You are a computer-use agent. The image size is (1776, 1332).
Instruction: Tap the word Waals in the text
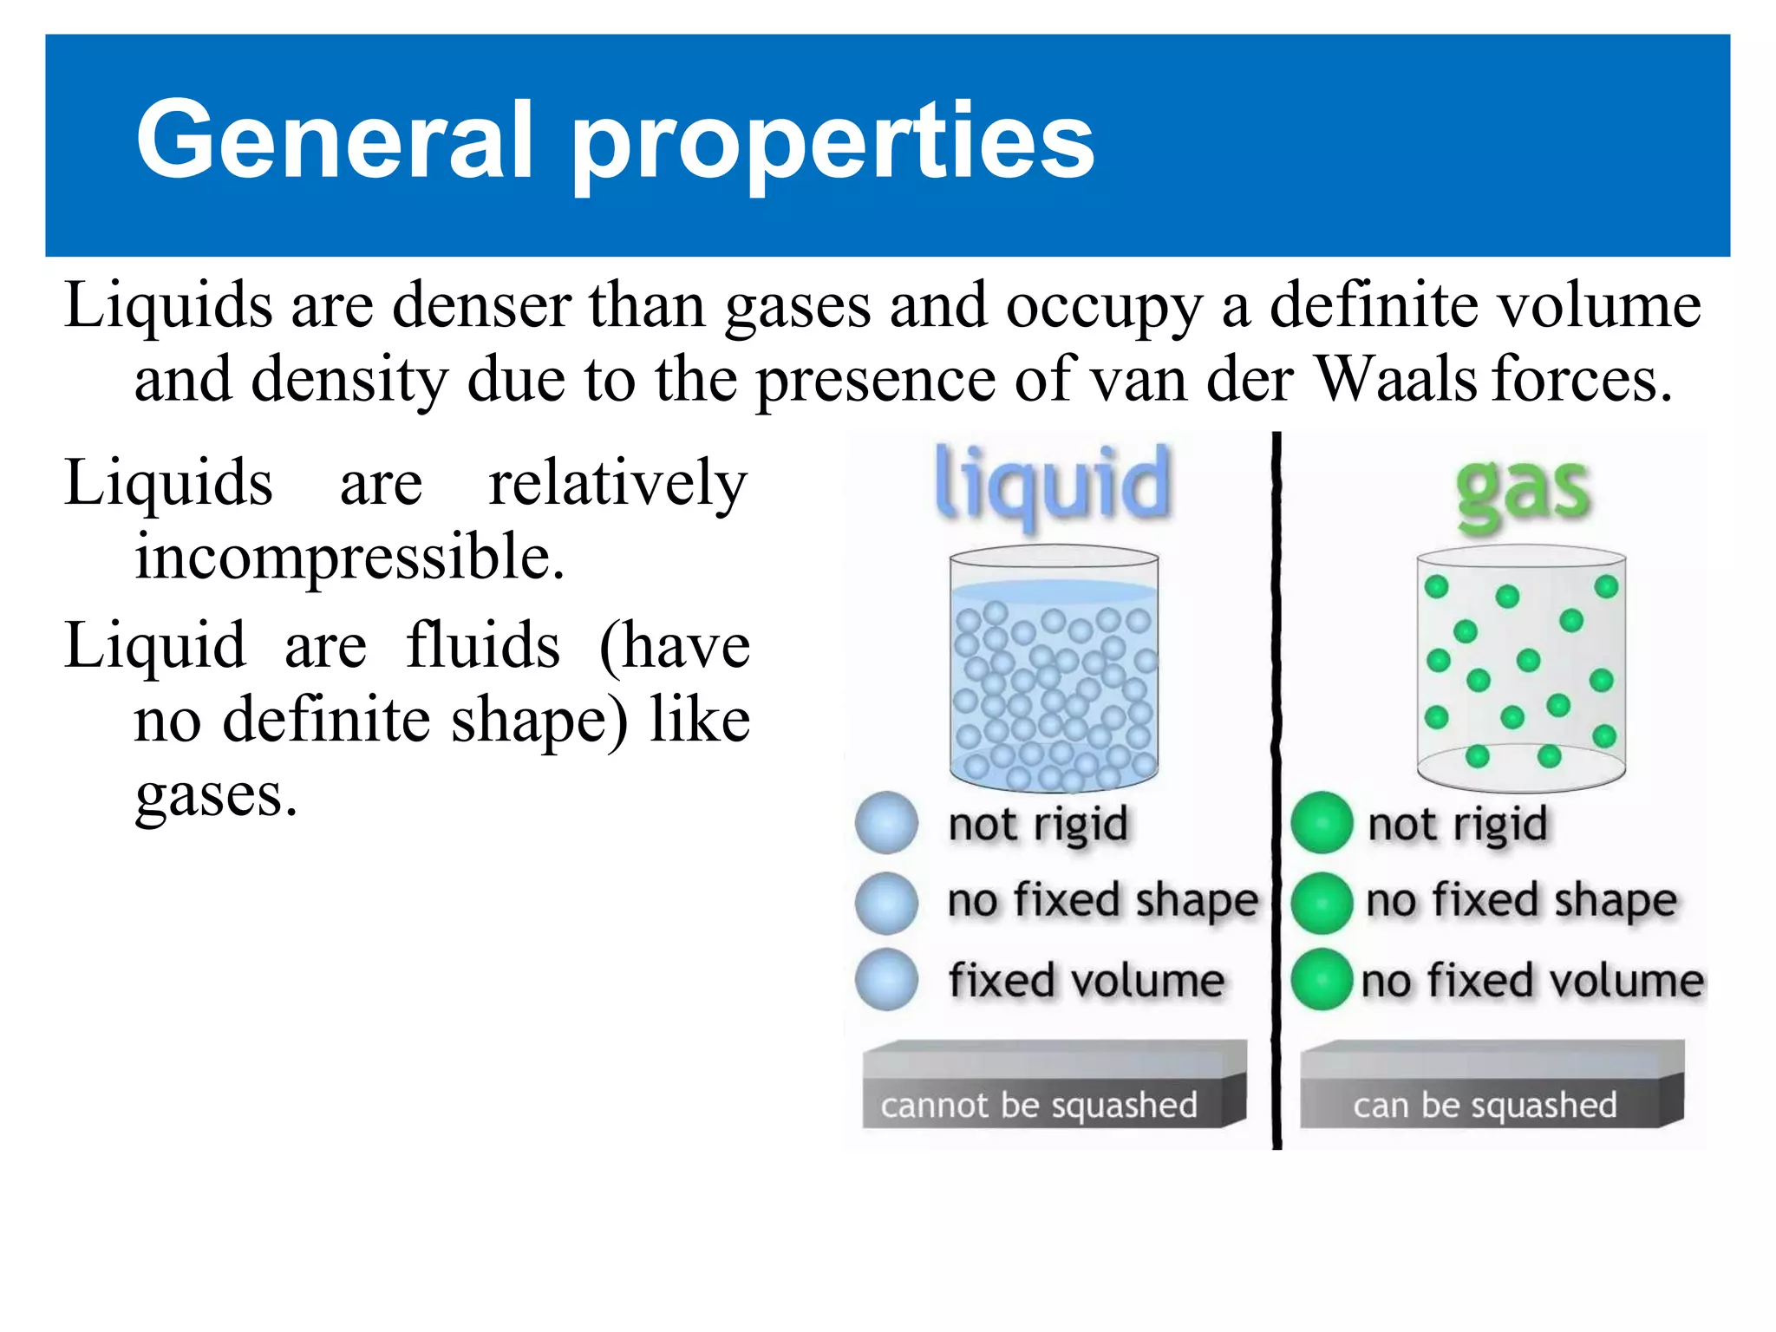1395,379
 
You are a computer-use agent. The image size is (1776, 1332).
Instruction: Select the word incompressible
349,556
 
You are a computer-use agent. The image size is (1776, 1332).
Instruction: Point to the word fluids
483,646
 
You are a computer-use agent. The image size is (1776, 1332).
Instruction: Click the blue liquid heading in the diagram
1053,484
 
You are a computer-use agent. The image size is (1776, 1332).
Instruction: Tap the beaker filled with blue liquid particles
1054,669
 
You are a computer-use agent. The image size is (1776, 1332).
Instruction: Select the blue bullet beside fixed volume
886,980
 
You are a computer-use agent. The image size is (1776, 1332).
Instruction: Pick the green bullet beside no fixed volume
1322,980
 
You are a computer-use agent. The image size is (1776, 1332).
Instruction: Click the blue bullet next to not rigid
886,823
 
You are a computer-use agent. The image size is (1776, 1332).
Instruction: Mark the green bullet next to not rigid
1322,823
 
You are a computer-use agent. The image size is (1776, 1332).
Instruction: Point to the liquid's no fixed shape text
1102,900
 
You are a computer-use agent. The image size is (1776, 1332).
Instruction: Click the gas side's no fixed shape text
1521,900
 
